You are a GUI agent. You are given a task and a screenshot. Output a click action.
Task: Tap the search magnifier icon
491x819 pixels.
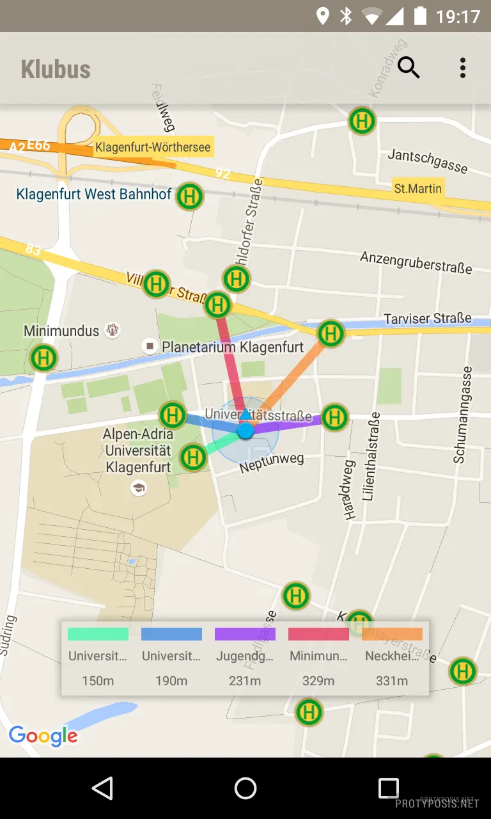coord(409,67)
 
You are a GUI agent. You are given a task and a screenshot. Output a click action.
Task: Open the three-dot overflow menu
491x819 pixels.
coord(462,68)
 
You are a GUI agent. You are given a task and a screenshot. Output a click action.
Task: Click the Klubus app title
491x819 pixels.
coord(56,69)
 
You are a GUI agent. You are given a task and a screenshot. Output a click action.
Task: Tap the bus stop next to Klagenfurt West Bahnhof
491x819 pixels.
coord(189,196)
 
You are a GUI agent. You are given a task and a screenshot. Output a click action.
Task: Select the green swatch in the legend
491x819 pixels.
coord(98,634)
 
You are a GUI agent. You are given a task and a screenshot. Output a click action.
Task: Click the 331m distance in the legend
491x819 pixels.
coord(392,681)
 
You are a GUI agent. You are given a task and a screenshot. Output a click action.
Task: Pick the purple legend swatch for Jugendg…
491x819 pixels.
coord(245,634)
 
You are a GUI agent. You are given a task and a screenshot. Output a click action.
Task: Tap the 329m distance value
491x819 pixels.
coord(318,681)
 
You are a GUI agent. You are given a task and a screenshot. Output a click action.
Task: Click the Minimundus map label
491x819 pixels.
coord(61,331)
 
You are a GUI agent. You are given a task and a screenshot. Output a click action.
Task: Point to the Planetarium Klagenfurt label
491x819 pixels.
coord(232,347)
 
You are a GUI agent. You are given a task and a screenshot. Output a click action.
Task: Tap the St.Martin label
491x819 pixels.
coord(417,189)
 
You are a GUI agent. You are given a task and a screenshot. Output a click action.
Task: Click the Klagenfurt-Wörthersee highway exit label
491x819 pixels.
coord(152,147)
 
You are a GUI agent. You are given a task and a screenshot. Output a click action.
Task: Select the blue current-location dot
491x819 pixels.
coord(245,431)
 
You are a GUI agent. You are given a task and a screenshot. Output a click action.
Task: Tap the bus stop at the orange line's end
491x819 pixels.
coord(331,333)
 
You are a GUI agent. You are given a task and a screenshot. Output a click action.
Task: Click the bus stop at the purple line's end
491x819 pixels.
coord(334,418)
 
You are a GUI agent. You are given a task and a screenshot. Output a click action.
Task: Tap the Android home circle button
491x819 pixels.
coord(245,788)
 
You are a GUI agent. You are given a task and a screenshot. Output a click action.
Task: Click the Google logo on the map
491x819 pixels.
coord(43,736)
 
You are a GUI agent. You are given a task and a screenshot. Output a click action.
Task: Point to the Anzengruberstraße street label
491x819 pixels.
coord(416,262)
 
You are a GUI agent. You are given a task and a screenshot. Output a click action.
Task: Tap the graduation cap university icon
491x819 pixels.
coord(138,489)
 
